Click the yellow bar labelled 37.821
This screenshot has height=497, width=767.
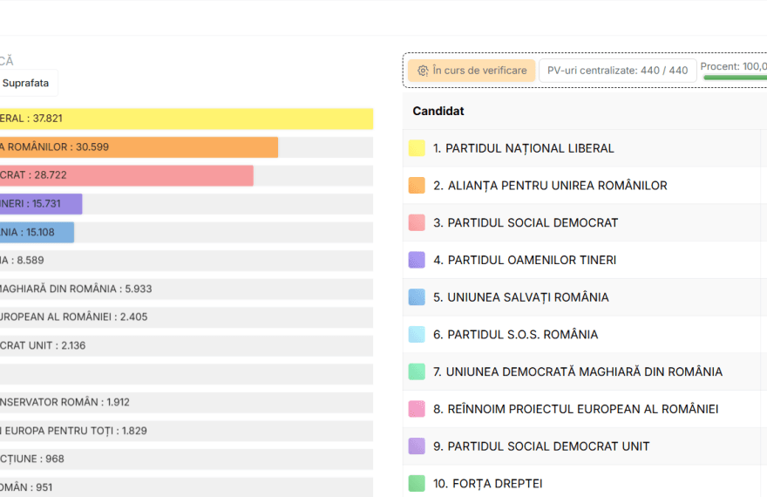coord(187,119)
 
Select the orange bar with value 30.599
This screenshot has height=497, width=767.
coord(139,147)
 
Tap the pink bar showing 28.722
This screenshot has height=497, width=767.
coord(126,175)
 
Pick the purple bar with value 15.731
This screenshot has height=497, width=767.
coord(41,204)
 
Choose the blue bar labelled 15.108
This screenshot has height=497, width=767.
coord(37,232)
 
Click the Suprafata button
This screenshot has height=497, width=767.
coord(26,83)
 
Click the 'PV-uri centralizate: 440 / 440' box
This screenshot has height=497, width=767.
coord(617,71)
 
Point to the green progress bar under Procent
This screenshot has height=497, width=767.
coord(735,78)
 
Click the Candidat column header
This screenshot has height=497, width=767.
coord(438,112)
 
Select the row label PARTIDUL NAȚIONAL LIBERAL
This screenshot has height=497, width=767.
coord(523,148)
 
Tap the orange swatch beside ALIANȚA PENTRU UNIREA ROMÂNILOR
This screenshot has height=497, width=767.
coord(417,186)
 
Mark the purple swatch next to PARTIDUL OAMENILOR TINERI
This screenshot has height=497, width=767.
coord(417,260)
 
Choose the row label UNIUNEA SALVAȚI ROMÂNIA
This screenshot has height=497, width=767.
coord(520,297)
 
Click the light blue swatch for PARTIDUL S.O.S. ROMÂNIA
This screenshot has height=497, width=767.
coord(417,334)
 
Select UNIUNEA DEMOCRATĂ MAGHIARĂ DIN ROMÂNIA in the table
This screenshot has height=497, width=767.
coord(577,371)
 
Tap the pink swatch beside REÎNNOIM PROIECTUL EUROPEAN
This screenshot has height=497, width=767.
coord(417,409)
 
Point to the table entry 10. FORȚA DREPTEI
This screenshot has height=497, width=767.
coord(487,483)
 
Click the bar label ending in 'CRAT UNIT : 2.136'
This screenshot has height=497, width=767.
coord(43,345)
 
